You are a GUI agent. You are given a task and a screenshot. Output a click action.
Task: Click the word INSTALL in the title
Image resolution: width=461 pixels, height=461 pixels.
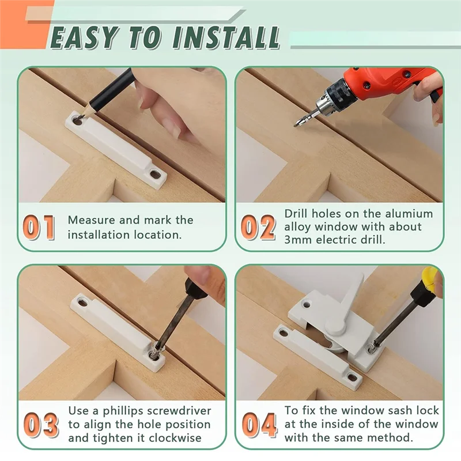pyautogui.click(x=226, y=37)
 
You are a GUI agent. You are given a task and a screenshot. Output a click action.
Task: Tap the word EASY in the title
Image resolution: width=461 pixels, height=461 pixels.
pyautogui.click(x=85, y=37)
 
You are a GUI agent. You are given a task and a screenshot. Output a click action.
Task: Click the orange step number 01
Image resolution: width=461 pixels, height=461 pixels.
pyautogui.click(x=39, y=227)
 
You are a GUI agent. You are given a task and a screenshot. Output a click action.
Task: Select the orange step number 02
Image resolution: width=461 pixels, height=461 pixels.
pyautogui.click(x=258, y=227)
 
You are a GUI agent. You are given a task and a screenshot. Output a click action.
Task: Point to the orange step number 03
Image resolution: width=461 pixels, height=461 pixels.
pyautogui.click(x=41, y=424)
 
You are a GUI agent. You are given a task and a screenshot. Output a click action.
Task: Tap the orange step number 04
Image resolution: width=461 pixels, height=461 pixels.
pyautogui.click(x=259, y=424)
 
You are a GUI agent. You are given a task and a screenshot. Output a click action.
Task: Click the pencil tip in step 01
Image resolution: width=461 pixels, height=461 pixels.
pyautogui.click(x=80, y=118)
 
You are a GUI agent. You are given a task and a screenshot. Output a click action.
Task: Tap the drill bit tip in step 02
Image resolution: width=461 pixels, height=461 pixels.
pyautogui.click(x=295, y=125)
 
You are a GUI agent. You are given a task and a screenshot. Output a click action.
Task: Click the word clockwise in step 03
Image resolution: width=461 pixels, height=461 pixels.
pyautogui.click(x=175, y=438)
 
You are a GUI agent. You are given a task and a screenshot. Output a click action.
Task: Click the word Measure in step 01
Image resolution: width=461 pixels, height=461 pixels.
pyautogui.click(x=92, y=220)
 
